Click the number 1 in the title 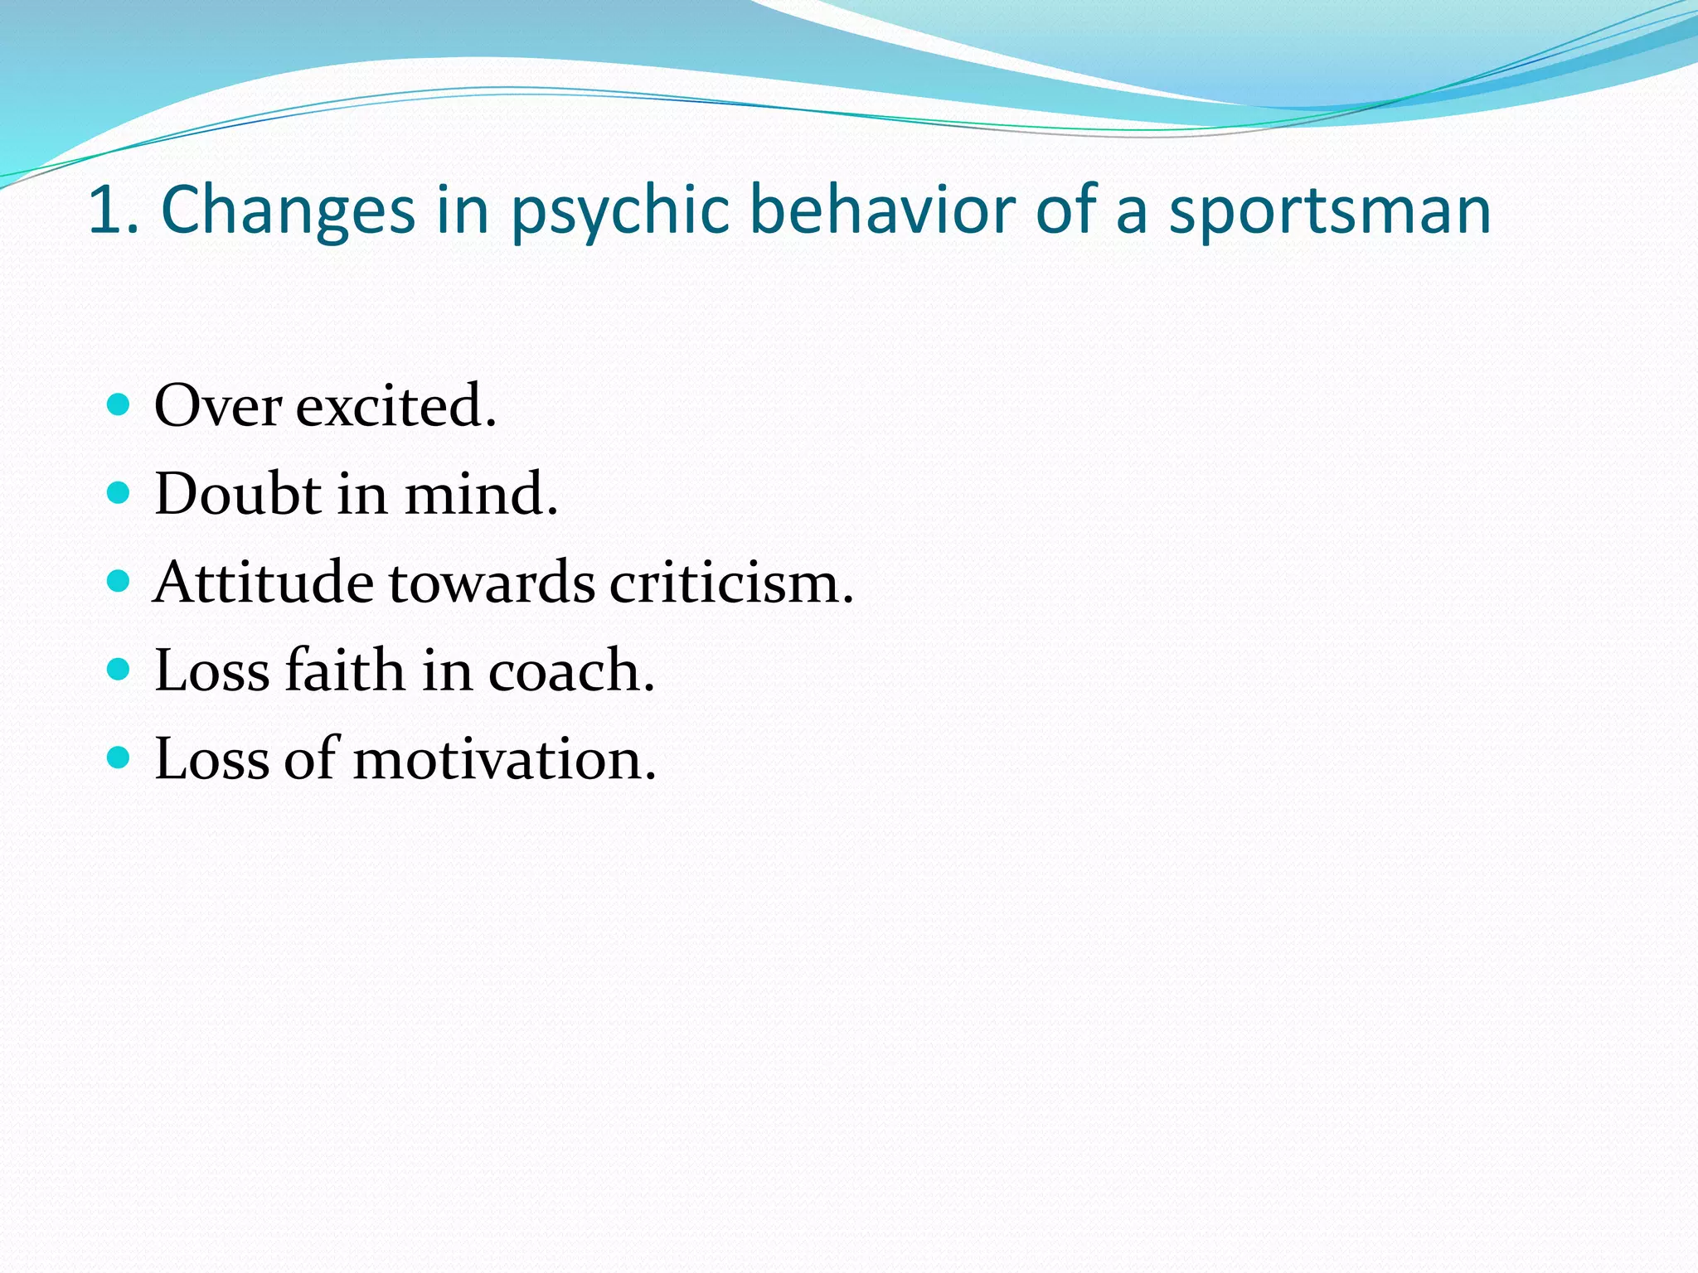coord(105,211)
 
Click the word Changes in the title coord(287,211)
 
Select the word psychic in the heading coord(619,211)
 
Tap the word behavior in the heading coord(882,211)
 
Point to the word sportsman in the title coord(1330,211)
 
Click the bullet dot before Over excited coord(119,404)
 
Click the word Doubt coord(238,494)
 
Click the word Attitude coord(263,582)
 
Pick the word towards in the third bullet coord(491,582)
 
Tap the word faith coord(344,670)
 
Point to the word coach coord(570,670)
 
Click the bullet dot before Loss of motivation coord(119,758)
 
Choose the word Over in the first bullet coord(217,406)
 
